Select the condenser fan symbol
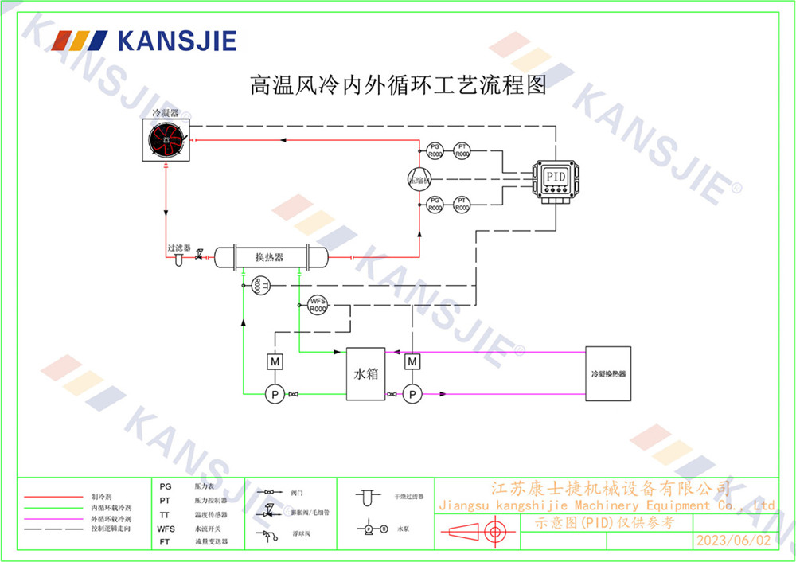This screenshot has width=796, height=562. point(166,141)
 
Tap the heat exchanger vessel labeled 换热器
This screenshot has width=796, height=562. point(270,256)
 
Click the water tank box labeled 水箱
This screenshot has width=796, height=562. point(365,373)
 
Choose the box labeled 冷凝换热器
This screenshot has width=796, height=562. point(608,373)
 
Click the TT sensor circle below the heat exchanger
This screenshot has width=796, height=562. point(257,285)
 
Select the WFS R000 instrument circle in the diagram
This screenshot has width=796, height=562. point(318,305)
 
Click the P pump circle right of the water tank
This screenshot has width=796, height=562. point(412,393)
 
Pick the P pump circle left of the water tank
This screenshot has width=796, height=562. point(273,393)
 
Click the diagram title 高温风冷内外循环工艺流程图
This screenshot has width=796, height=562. point(398,84)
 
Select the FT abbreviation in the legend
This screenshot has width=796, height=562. point(165,541)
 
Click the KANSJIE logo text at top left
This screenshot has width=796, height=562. point(177,41)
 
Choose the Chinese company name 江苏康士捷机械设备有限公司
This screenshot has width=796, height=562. point(609,487)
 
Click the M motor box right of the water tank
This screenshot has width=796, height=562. point(412,361)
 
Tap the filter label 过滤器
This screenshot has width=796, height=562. point(178,248)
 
